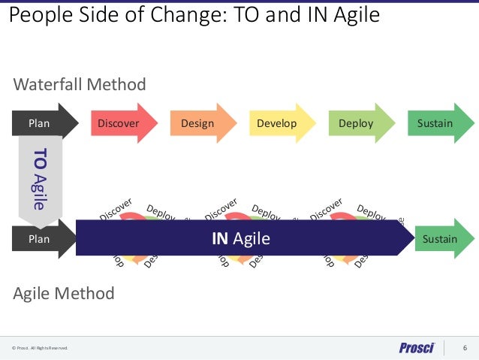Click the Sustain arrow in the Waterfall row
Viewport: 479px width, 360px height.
[x=435, y=123]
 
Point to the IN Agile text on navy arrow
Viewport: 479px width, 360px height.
[x=240, y=239]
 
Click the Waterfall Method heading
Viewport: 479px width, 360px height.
[x=80, y=84]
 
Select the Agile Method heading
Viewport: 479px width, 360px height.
[x=64, y=292]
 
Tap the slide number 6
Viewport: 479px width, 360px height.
[x=465, y=347]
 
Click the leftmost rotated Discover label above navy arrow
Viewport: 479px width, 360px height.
[x=116, y=210]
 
